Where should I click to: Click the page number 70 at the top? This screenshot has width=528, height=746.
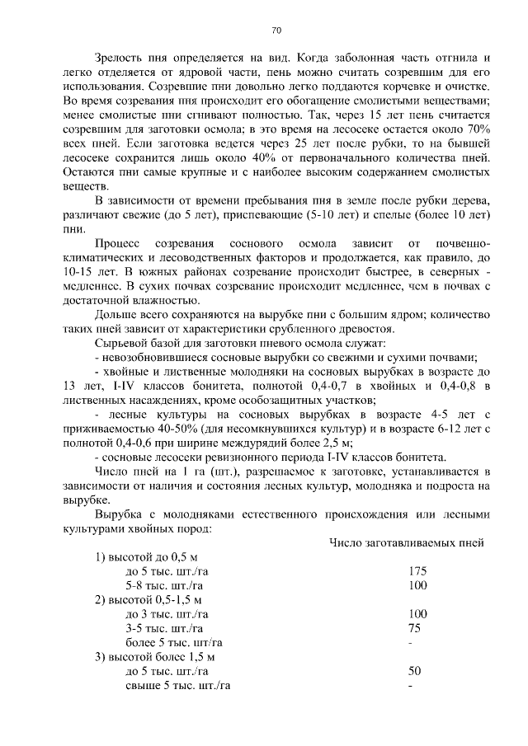click(276, 31)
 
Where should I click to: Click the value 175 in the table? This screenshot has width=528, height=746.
click(417, 570)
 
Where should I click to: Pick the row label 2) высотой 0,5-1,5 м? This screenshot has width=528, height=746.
click(148, 598)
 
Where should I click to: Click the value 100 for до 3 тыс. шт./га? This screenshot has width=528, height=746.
click(417, 613)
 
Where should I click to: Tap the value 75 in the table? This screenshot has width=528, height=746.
click(414, 627)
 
